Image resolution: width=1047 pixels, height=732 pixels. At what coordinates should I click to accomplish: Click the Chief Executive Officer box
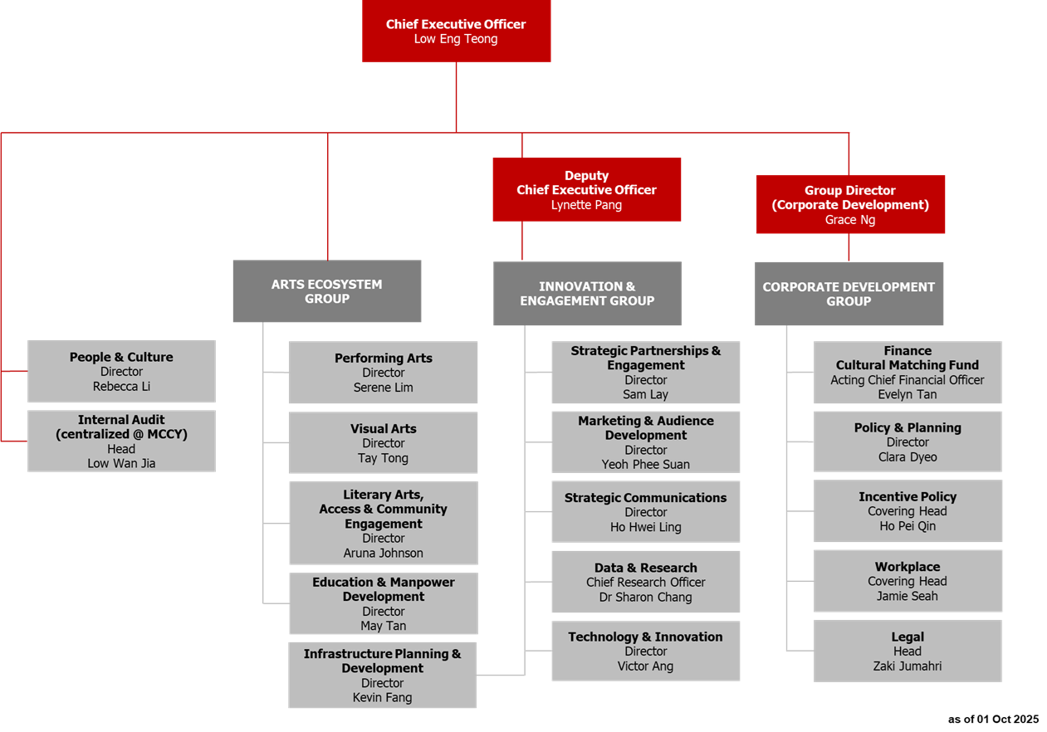pyautogui.click(x=456, y=31)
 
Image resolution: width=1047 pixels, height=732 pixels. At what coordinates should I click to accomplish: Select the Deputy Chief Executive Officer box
pyautogui.click(x=586, y=190)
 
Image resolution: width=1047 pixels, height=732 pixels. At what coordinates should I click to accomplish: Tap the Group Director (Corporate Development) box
pyautogui.click(x=850, y=204)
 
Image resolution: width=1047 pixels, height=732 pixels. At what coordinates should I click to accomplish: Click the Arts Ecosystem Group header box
pyautogui.click(x=327, y=291)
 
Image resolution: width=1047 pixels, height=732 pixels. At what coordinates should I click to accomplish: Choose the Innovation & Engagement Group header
pyautogui.click(x=587, y=294)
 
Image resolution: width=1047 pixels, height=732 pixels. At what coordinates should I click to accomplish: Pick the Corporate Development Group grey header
pyautogui.click(x=849, y=294)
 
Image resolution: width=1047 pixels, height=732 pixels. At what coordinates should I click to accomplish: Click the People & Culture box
pyautogui.click(x=121, y=371)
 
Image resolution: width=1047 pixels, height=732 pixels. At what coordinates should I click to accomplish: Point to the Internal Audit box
pyautogui.click(x=121, y=441)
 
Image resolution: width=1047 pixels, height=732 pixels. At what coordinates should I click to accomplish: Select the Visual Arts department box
pyautogui.click(x=383, y=442)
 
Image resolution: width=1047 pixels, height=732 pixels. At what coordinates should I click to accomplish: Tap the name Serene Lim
pyautogui.click(x=383, y=388)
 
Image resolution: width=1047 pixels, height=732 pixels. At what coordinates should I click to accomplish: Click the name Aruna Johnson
pyautogui.click(x=383, y=553)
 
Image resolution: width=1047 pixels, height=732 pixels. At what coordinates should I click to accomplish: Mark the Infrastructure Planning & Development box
pyautogui.click(x=382, y=675)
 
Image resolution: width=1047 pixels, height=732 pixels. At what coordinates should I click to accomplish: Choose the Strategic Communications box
pyautogui.click(x=645, y=511)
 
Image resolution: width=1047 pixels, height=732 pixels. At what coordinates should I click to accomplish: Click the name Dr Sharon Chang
pyautogui.click(x=645, y=597)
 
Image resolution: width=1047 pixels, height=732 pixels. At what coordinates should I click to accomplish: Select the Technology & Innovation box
pyautogui.click(x=645, y=651)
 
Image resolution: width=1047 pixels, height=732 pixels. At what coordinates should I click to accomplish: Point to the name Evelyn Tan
pyautogui.click(x=907, y=394)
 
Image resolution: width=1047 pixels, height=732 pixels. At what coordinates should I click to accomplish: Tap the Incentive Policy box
pyautogui.click(x=908, y=510)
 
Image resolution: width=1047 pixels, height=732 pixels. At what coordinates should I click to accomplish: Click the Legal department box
pyautogui.click(x=908, y=651)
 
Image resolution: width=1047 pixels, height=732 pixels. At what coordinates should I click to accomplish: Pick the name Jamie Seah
pyautogui.click(x=908, y=596)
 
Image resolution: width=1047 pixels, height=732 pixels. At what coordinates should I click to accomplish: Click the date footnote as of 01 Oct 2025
pyautogui.click(x=993, y=719)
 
